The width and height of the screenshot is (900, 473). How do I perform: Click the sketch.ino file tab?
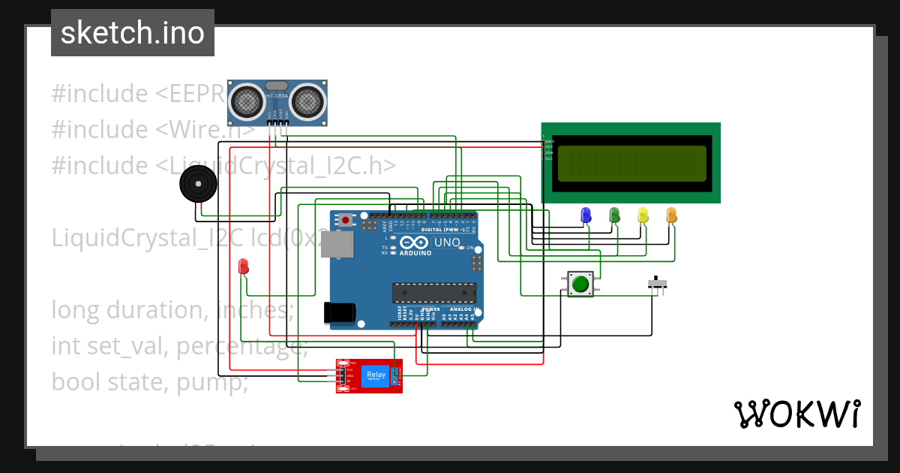pyautogui.click(x=133, y=33)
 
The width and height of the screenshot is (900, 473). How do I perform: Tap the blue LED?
pyautogui.click(x=586, y=215)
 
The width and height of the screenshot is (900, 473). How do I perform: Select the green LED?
pyautogui.click(x=614, y=215)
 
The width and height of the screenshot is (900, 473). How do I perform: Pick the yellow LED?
pyautogui.click(x=643, y=215)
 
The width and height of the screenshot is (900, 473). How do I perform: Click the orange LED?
pyautogui.click(x=671, y=215)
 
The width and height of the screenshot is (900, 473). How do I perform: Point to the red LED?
pyautogui.click(x=243, y=266)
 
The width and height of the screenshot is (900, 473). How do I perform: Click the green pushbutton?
pyautogui.click(x=580, y=285)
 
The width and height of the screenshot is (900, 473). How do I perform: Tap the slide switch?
pyautogui.click(x=658, y=284)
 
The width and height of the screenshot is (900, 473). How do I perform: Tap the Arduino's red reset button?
pyautogui.click(x=345, y=220)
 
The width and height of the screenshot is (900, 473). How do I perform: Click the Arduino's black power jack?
pyautogui.click(x=337, y=312)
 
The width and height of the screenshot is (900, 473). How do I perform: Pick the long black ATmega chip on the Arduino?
pyautogui.click(x=434, y=292)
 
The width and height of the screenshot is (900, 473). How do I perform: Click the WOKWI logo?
pyautogui.click(x=796, y=414)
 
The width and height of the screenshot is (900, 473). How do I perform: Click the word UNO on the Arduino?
pyautogui.click(x=448, y=243)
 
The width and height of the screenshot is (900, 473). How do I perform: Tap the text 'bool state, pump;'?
pyautogui.click(x=149, y=381)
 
